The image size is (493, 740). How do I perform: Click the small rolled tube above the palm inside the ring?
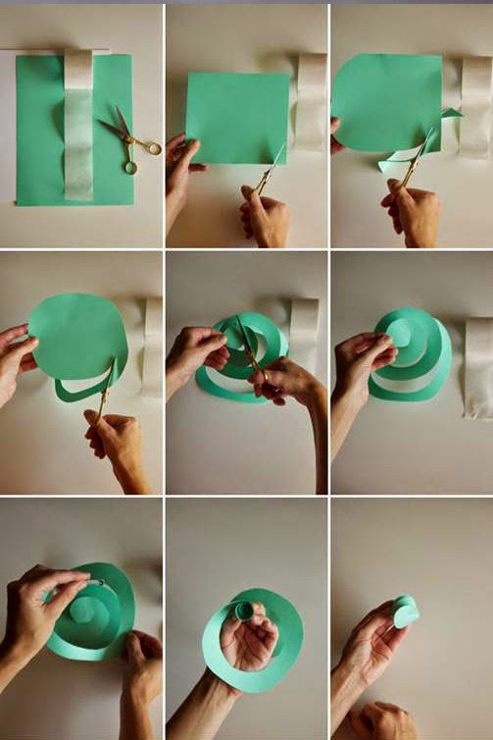point(241,611)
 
